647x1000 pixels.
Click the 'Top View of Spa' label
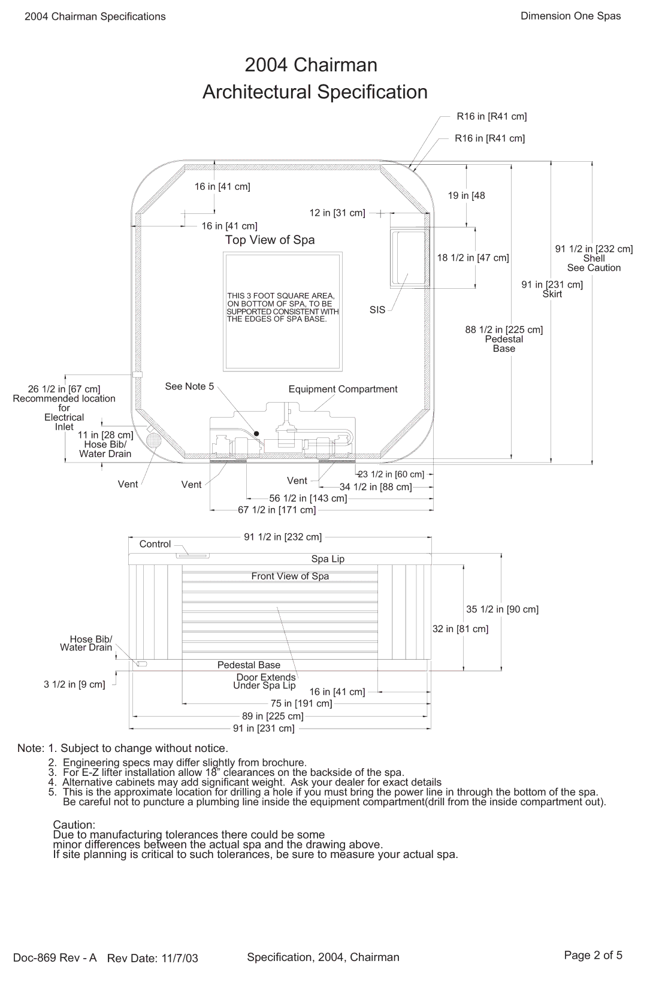coord(270,240)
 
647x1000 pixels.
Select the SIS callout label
coord(377,310)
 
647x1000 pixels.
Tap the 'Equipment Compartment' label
coord(343,389)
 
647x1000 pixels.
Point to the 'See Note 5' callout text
coord(189,386)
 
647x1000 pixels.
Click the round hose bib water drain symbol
coord(154,441)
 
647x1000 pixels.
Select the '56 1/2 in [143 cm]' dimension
coord(308,499)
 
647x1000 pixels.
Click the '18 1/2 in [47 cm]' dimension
coord(473,258)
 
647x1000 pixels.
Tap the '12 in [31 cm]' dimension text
coord(337,213)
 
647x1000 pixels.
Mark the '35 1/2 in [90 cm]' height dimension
coord(502,609)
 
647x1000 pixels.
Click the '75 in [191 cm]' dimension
coord(301,703)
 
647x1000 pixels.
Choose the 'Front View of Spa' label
coord(290,576)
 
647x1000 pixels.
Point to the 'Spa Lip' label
coord(328,559)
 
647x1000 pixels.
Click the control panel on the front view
coord(193,556)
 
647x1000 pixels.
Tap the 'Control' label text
coord(155,544)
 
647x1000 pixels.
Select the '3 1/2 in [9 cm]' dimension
coord(74,684)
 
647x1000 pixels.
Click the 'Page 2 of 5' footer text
coord(593,956)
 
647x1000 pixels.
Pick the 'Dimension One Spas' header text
coord(570,16)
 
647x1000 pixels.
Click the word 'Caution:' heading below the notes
coord(74,825)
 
